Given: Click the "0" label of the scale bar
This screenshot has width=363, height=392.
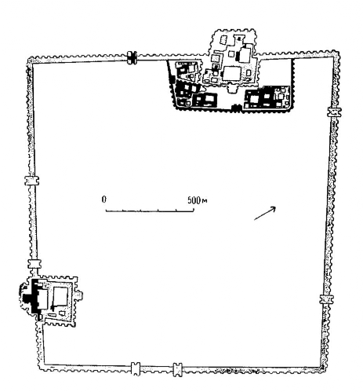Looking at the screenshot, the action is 104,200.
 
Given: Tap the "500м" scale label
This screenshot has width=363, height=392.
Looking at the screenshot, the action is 198,200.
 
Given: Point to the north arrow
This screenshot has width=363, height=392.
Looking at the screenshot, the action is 265,213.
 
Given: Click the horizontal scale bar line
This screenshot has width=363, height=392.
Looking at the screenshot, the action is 150,210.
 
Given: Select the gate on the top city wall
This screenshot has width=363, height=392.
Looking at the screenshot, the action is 132,57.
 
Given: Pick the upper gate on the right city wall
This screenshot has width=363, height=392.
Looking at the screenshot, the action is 334,112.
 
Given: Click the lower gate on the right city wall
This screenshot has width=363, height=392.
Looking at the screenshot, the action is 327,299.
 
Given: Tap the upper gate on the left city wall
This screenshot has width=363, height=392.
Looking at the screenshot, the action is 32,181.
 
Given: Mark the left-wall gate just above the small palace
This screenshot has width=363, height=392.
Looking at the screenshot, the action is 34,264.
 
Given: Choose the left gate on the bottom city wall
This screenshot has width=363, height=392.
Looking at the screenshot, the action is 136,368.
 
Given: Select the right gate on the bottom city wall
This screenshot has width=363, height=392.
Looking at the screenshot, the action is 177,370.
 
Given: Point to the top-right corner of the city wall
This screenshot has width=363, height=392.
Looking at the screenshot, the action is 336,53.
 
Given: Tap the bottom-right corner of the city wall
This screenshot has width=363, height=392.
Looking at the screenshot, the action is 323,367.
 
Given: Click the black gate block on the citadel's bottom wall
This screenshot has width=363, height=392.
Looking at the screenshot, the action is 236,108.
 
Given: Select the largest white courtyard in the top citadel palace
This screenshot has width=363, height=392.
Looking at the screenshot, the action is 231,73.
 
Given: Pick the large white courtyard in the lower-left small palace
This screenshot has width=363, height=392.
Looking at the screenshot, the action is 60,296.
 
